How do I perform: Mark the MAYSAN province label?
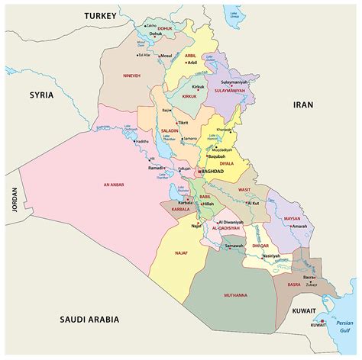292,218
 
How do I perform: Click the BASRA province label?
293,284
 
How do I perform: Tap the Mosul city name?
166,56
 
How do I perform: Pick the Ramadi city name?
155,168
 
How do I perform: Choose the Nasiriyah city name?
272,256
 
